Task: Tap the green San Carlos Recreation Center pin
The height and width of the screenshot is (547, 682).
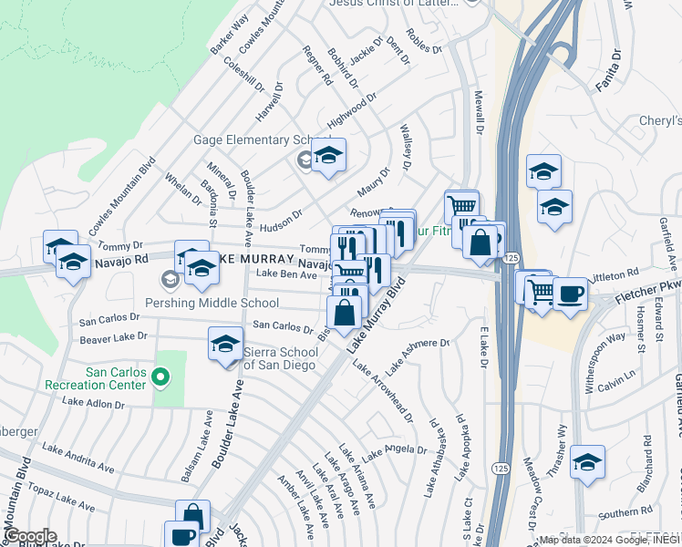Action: pos(161,376)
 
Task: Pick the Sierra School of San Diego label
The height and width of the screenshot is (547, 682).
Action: pos(279,358)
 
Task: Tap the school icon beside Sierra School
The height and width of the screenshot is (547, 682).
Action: pos(225,342)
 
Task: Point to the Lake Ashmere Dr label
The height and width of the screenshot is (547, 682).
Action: pos(418,356)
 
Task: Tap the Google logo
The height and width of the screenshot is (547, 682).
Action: pos(29,536)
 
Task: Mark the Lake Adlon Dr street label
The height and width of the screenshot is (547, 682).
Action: pos(93,403)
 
